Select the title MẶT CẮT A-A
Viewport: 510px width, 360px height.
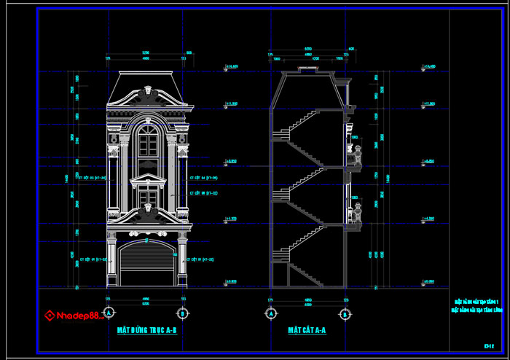[306, 330]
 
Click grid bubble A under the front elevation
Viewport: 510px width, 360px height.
[109, 313]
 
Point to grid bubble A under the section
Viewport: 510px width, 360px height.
[271, 313]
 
